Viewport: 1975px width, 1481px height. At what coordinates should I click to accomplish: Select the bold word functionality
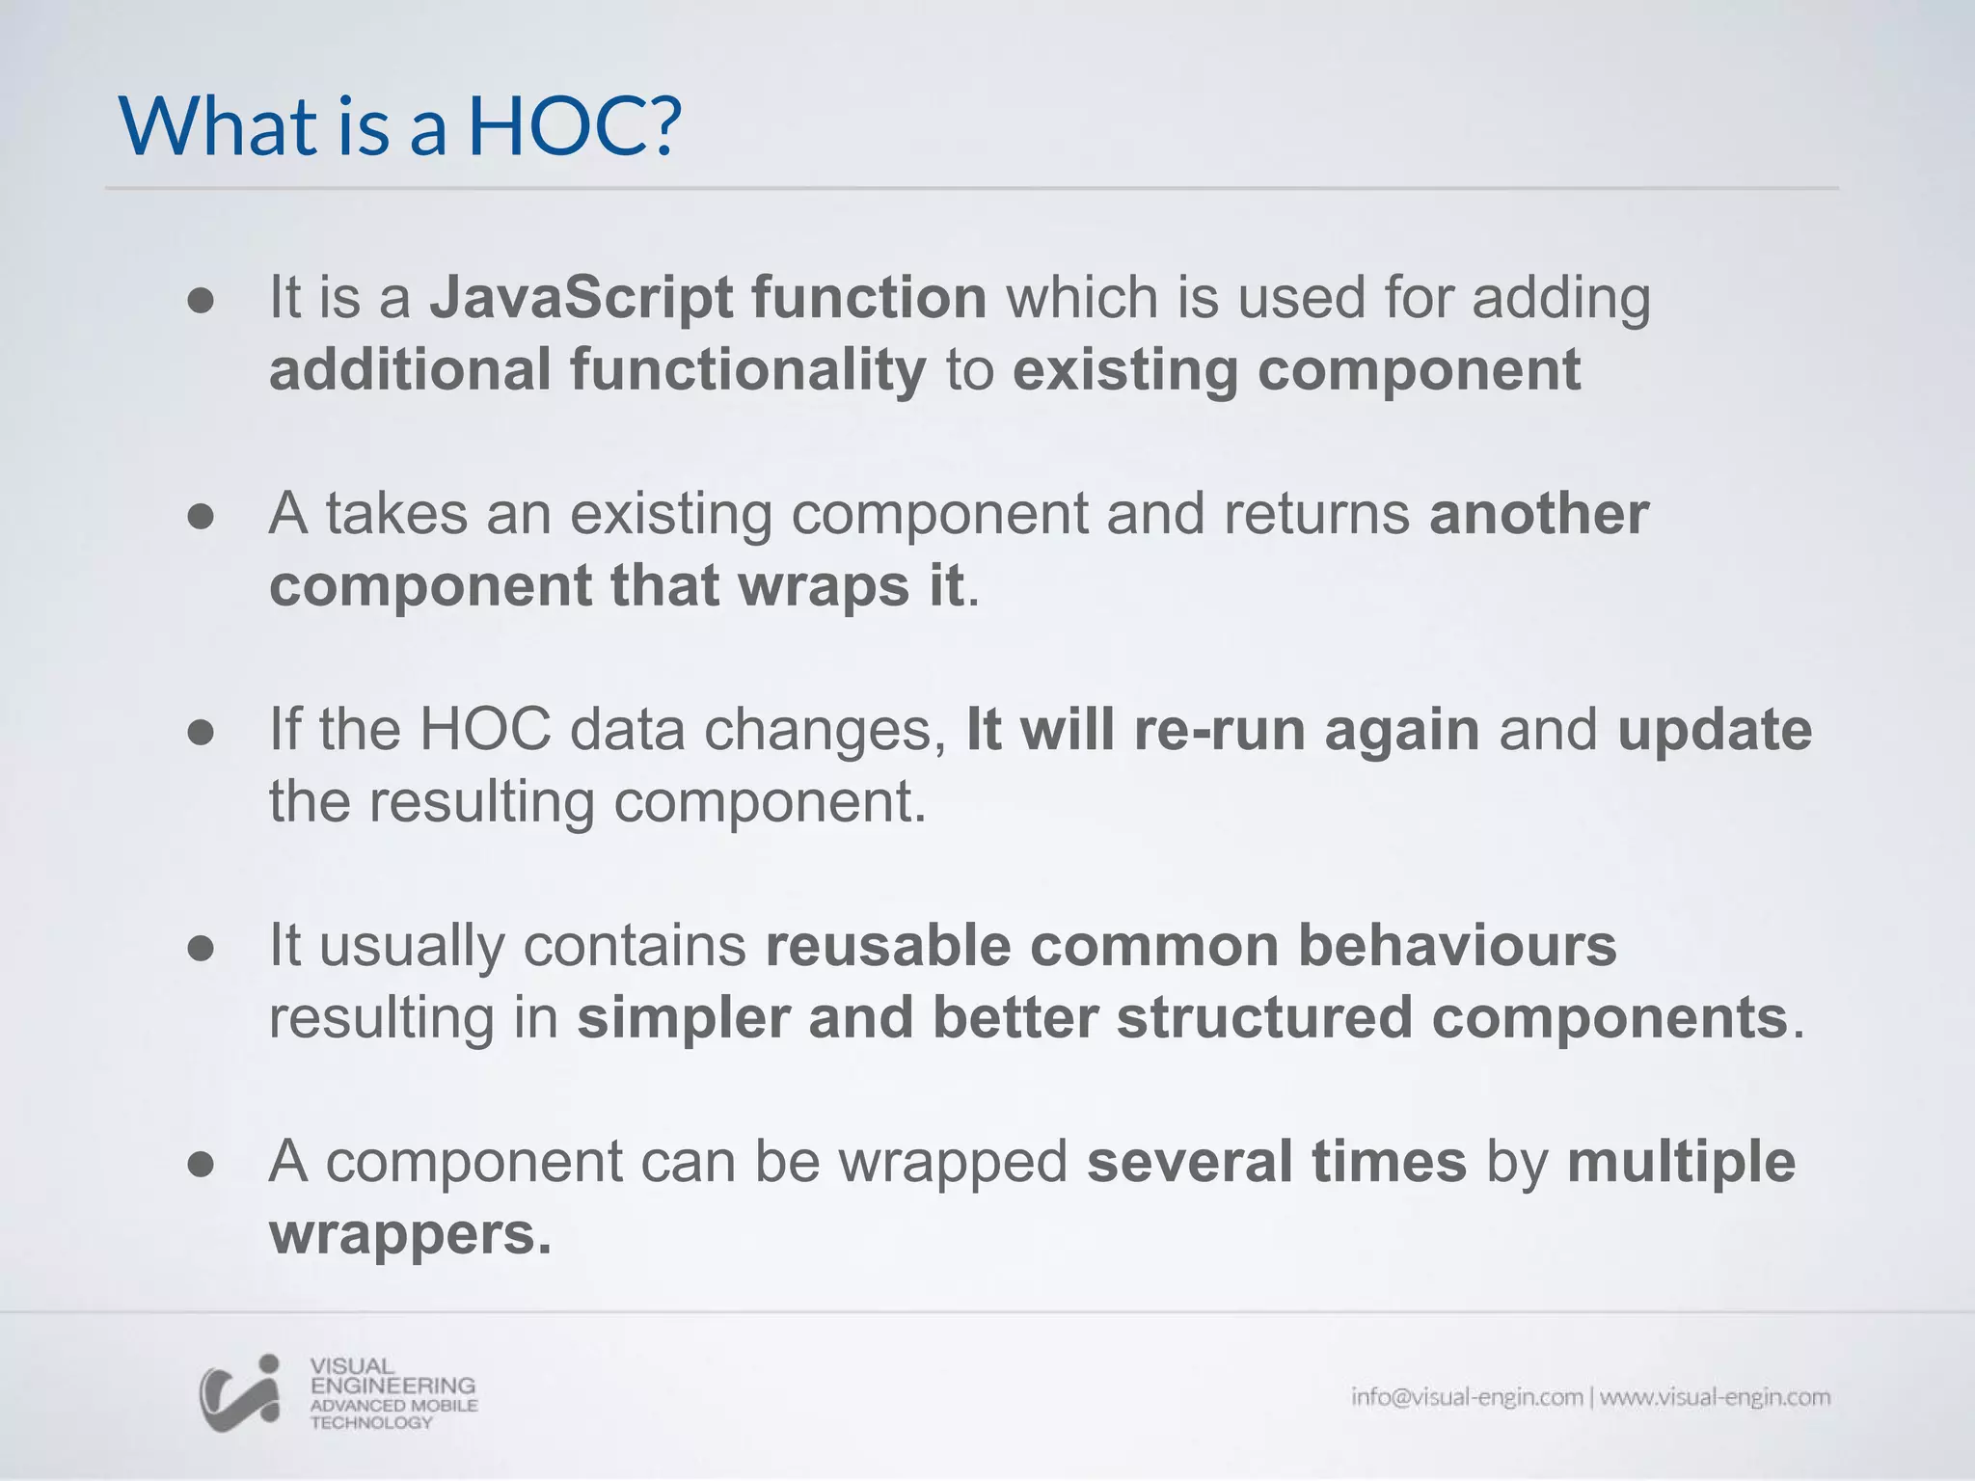click(x=746, y=369)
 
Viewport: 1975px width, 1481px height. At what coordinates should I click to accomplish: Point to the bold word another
click(x=1538, y=513)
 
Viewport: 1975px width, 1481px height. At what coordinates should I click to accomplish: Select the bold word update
click(x=1714, y=729)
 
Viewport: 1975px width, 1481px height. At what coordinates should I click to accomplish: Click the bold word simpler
click(x=683, y=1017)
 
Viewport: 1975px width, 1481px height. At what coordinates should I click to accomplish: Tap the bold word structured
click(x=1263, y=1017)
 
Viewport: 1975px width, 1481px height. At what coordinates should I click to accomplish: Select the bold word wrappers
click(x=410, y=1233)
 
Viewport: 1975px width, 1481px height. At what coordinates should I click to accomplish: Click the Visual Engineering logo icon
click(x=239, y=1392)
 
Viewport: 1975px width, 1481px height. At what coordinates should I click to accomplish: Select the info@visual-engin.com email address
click(x=1466, y=1397)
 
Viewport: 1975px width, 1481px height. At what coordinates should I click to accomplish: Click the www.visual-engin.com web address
click(x=1715, y=1397)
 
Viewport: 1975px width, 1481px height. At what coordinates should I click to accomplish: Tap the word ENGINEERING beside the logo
click(x=392, y=1386)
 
